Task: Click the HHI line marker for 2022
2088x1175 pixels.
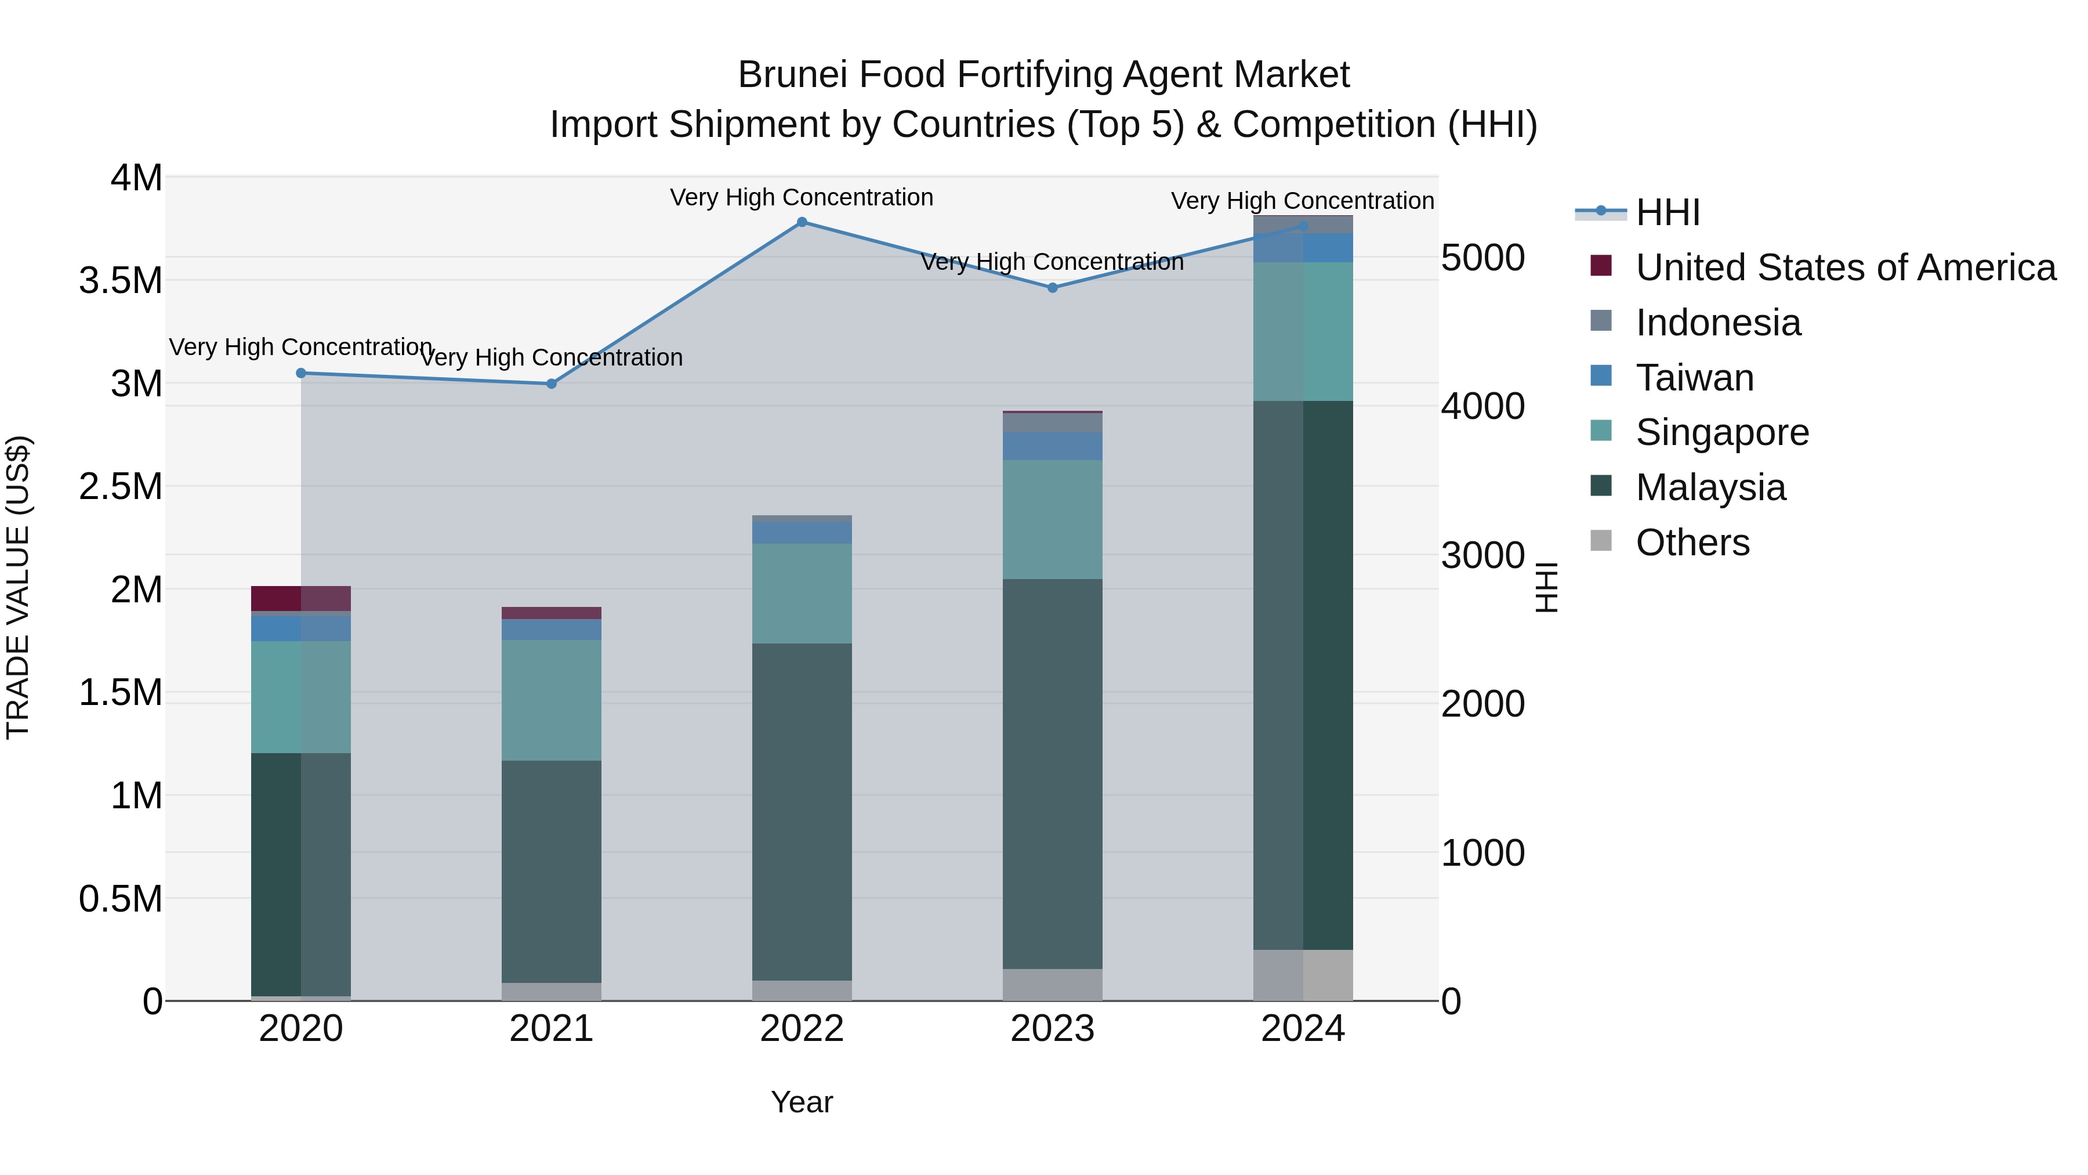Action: click(802, 222)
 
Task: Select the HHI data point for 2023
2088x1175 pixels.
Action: click(1052, 288)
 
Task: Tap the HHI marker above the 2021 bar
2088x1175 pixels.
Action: click(551, 384)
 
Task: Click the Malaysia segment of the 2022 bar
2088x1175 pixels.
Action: click(802, 811)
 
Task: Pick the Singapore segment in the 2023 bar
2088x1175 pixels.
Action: click(1052, 519)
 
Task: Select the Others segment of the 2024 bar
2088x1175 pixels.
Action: click(1303, 975)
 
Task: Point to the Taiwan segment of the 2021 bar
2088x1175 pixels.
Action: click(551, 629)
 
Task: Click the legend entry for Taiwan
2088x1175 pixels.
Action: click(1694, 378)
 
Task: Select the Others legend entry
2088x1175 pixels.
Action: click(1692, 543)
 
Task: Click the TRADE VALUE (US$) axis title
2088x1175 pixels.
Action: click(18, 588)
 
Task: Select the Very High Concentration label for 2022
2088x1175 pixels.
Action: click(802, 198)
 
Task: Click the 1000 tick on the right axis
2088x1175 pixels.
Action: click(1482, 853)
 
